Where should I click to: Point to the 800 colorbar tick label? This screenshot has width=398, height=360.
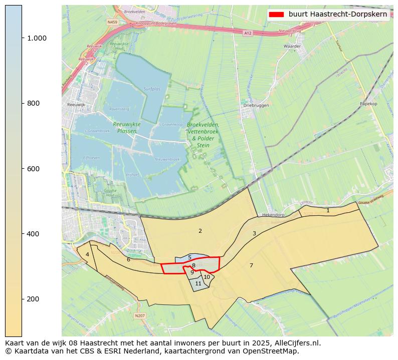click(x=33, y=103)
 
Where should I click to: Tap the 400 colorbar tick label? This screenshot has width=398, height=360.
click(x=33, y=234)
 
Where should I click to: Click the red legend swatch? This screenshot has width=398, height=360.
click(x=276, y=14)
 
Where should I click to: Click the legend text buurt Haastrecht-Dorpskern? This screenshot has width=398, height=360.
click(x=338, y=14)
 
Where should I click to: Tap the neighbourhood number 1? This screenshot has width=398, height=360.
click(x=328, y=211)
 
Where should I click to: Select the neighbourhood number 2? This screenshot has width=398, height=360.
click(x=200, y=231)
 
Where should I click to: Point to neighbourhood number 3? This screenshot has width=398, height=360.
click(x=254, y=233)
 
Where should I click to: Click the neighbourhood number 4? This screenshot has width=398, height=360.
click(x=87, y=254)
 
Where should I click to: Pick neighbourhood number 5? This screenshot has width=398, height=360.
click(x=189, y=257)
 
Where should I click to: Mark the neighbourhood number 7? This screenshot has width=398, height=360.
click(x=251, y=265)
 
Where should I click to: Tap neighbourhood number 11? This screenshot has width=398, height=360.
click(x=198, y=283)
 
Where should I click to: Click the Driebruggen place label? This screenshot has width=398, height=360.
click(x=256, y=106)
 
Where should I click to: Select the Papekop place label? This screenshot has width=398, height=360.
click(x=368, y=104)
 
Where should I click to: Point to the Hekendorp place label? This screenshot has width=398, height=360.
click(x=273, y=214)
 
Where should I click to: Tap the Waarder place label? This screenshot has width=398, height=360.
click(x=292, y=46)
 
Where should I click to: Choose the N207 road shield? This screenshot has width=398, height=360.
click(x=140, y=315)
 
